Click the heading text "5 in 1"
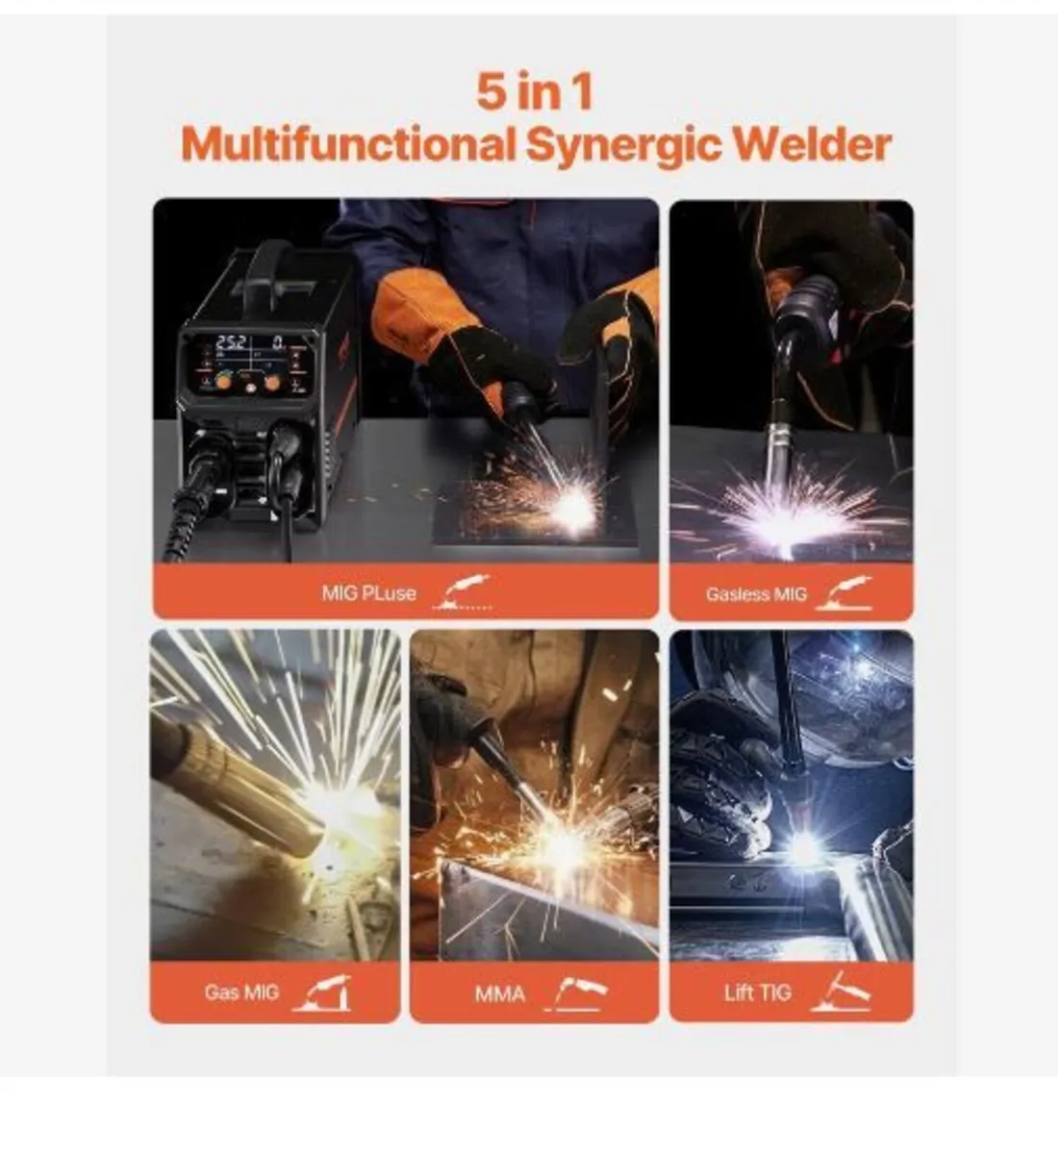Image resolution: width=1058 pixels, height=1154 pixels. point(534,91)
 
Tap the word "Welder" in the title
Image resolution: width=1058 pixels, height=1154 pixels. point(812,144)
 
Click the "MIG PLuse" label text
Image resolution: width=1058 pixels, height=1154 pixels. point(368,593)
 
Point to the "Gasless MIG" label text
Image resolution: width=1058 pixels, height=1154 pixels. point(756,594)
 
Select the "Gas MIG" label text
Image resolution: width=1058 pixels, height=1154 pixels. point(240,992)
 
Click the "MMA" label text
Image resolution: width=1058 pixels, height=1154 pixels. point(500,993)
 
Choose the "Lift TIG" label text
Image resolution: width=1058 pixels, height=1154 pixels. point(758,992)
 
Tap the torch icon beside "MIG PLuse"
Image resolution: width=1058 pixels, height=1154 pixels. point(464,592)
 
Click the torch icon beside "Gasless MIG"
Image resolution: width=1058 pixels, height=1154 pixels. point(844,592)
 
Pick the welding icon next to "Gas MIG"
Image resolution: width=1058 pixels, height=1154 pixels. point(323,992)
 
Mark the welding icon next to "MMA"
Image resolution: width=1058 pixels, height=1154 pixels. point(577,992)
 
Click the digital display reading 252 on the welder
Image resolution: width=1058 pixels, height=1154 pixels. point(231,342)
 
